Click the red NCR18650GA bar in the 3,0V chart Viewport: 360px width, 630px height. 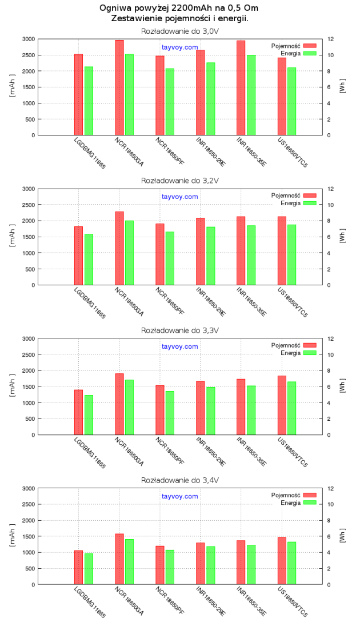click(x=119, y=87)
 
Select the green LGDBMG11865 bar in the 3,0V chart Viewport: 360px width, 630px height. click(x=89, y=101)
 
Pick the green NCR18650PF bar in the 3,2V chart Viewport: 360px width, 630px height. click(x=170, y=258)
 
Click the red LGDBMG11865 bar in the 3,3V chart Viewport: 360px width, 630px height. click(x=78, y=412)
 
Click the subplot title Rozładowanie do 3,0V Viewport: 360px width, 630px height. click(x=180, y=30)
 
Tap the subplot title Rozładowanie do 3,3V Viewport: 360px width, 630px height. click(x=180, y=330)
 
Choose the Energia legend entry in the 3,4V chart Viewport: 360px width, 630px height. click(x=290, y=503)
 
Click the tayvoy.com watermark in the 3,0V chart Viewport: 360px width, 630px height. click(x=180, y=47)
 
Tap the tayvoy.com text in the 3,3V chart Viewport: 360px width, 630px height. click(x=180, y=346)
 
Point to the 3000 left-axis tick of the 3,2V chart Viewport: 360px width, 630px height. click(x=27, y=189)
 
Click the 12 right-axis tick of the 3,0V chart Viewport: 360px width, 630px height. click(x=330, y=39)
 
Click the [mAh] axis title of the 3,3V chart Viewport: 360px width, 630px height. click(x=12, y=386)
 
